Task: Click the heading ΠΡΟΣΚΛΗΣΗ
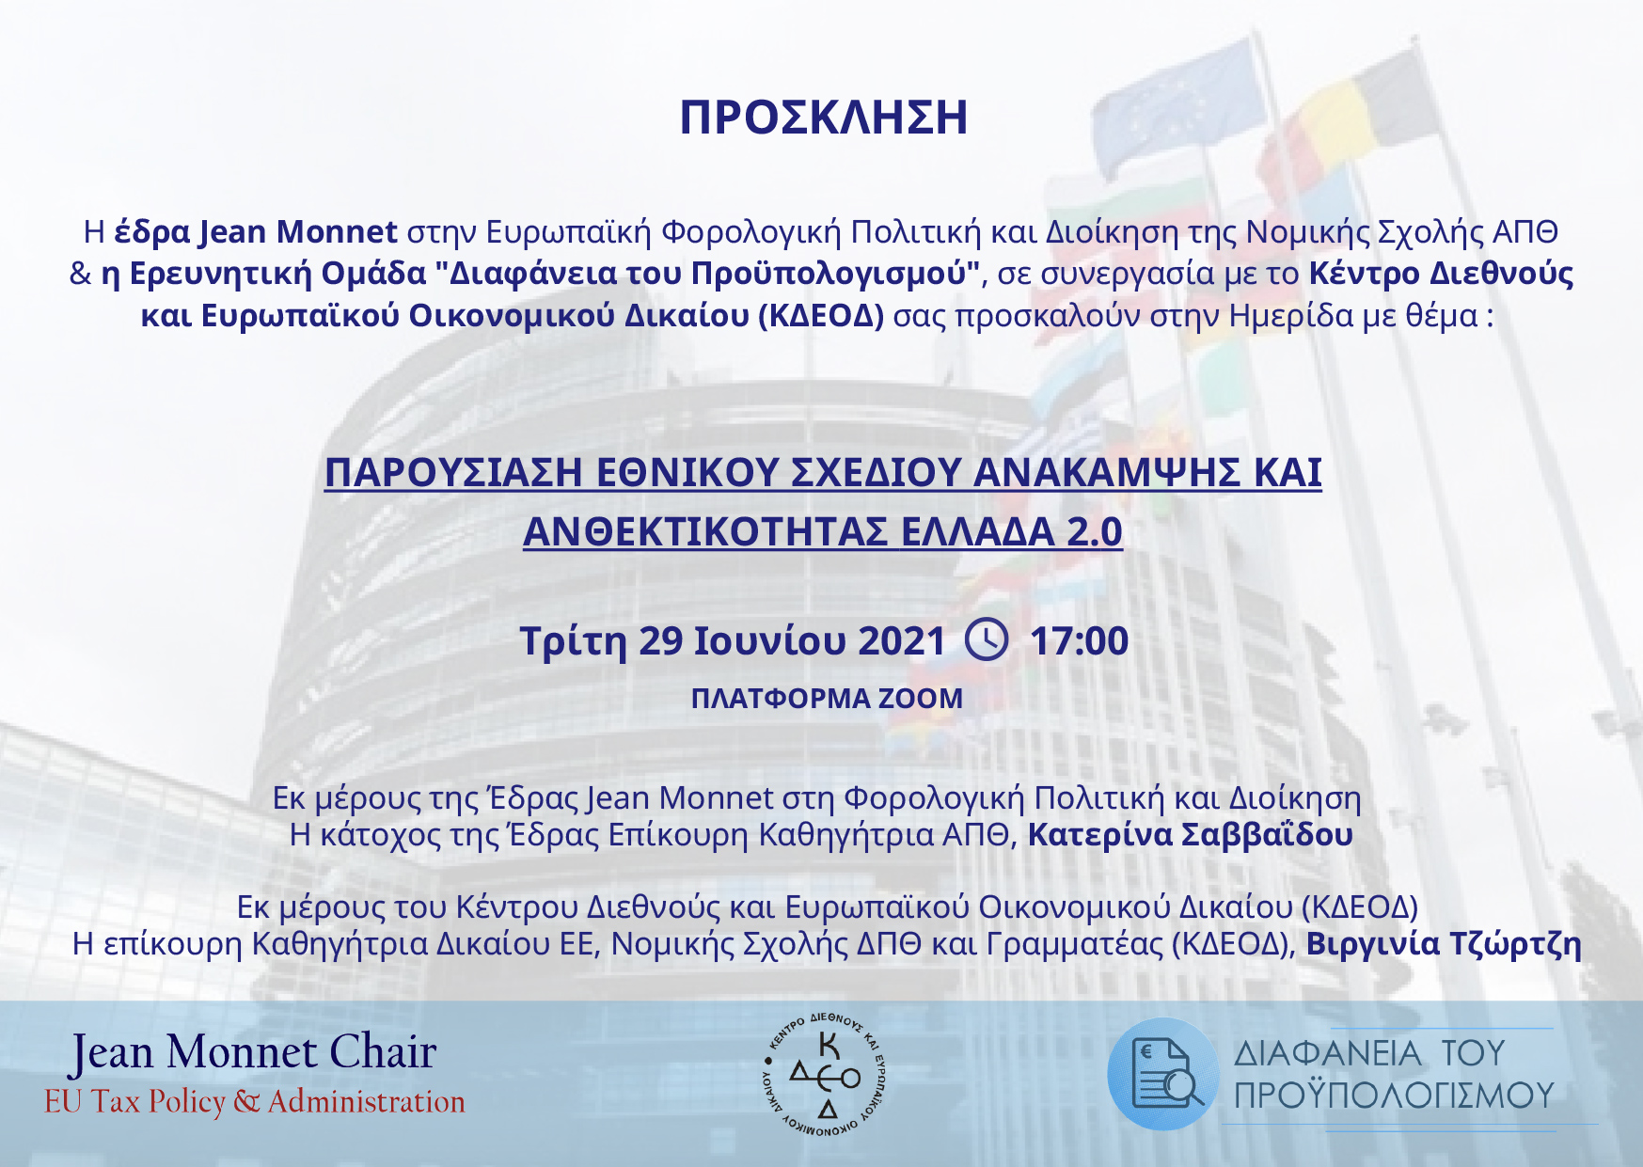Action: point(823,118)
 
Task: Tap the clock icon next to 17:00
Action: point(987,639)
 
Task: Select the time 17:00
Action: point(1079,641)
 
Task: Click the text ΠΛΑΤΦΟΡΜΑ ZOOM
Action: point(827,699)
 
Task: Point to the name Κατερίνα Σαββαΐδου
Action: point(1190,835)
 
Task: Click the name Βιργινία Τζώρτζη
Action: point(1444,944)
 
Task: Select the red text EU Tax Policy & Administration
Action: point(255,1101)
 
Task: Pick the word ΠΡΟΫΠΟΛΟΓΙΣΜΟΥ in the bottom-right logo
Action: point(1394,1096)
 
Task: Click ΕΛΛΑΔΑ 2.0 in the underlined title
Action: point(1012,532)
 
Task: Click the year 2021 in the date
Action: point(901,641)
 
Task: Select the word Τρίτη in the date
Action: point(573,641)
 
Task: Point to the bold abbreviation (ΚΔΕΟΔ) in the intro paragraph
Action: point(821,316)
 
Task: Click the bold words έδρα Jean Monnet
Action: point(256,231)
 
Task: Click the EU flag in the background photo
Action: point(1180,104)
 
